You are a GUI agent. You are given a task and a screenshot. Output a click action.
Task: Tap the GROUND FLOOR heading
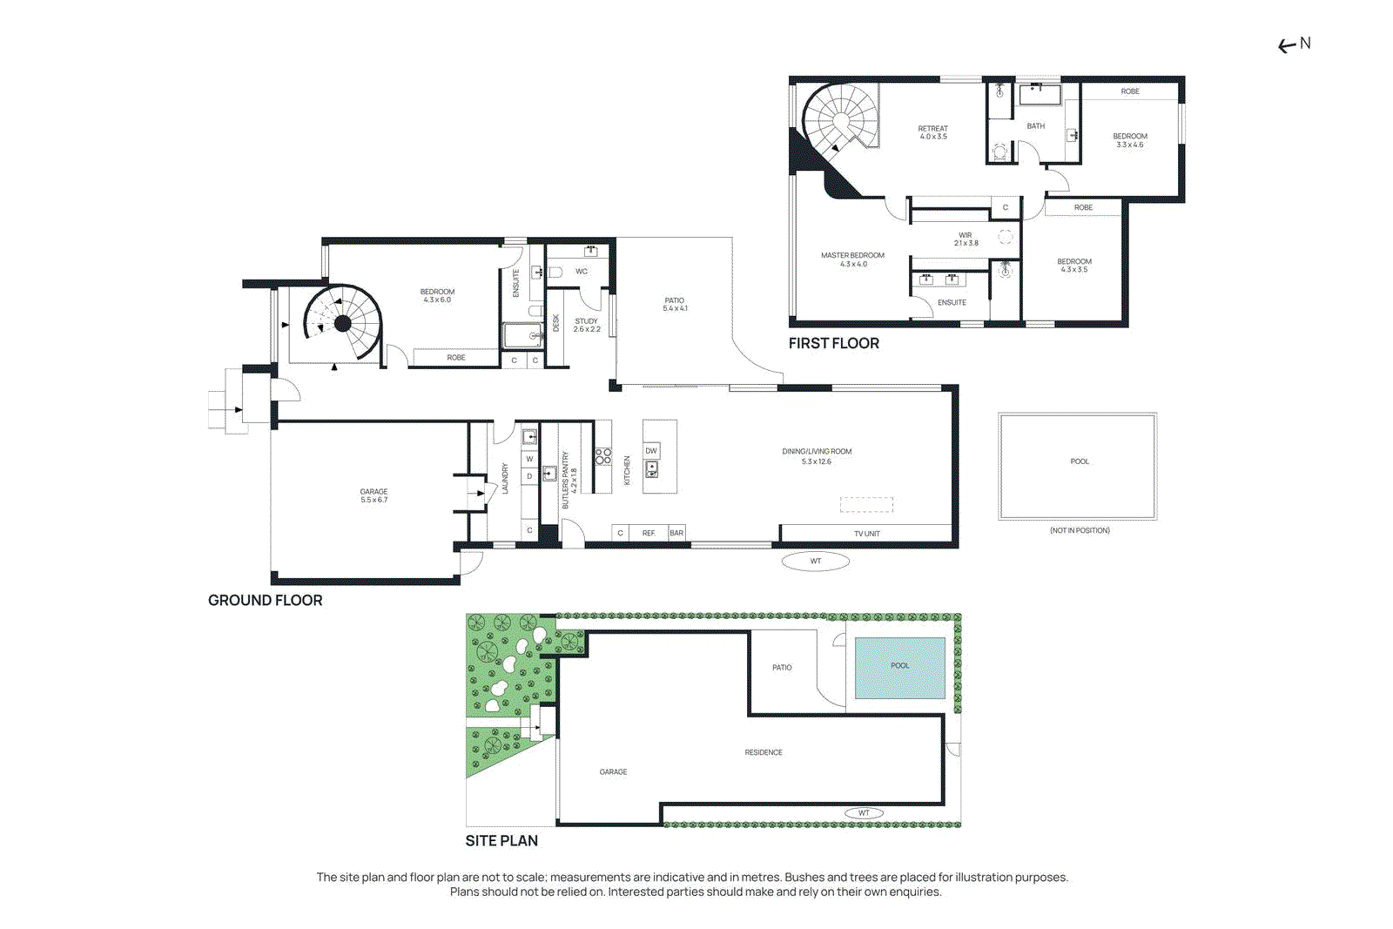265,601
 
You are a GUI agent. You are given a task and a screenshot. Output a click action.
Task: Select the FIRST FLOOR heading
834,343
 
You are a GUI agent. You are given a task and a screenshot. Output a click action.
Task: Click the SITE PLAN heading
501,841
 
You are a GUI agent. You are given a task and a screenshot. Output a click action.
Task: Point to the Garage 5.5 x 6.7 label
373,495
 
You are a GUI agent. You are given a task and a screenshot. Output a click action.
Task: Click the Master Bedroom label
852,259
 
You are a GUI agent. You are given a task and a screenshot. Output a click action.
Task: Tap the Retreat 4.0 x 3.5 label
932,132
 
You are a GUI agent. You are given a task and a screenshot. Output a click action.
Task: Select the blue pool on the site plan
900,667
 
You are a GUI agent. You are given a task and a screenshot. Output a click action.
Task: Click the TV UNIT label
867,534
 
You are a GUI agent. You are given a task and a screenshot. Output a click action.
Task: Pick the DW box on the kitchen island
651,451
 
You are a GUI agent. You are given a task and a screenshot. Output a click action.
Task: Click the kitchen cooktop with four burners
602,456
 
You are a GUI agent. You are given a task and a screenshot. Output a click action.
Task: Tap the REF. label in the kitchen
649,534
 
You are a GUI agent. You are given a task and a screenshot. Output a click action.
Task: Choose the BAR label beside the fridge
676,533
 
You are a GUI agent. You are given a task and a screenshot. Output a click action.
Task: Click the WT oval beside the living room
815,562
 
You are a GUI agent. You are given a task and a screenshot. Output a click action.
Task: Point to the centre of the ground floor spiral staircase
343,323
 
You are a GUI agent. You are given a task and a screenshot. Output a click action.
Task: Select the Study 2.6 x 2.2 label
587,326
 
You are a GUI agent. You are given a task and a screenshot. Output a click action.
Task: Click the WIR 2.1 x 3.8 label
966,239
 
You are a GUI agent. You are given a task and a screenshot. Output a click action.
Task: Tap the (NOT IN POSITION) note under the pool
1080,530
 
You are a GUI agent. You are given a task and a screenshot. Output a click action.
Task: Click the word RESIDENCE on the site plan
764,752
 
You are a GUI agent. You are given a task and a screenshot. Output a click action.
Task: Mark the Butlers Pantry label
569,481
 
